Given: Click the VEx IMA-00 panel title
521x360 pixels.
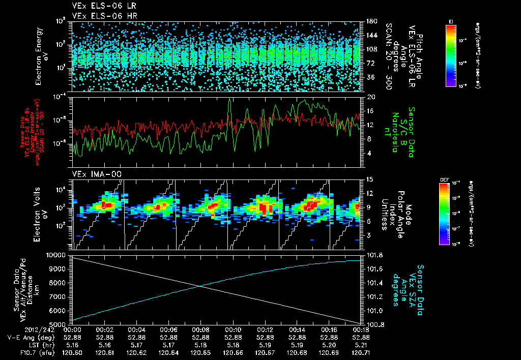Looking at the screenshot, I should tap(93, 174).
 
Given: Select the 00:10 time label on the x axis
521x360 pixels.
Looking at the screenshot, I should tap(233, 329).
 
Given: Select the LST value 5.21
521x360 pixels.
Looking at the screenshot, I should tap(361, 344).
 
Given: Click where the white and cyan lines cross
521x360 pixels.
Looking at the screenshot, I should tap(199, 286).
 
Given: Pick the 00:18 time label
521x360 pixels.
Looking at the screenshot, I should tap(361, 329).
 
